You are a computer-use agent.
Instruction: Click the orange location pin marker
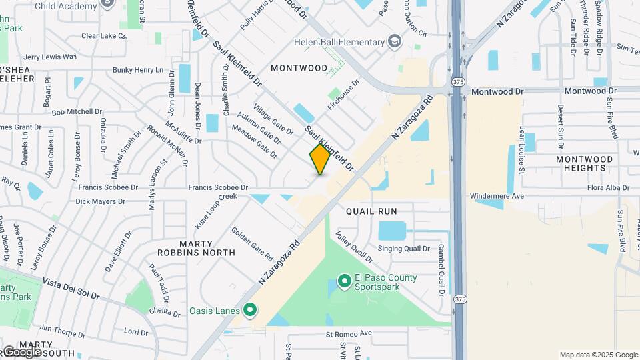[x=321, y=159]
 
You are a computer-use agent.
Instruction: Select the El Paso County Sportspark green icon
[x=344, y=282]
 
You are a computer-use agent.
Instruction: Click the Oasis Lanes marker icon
[x=250, y=310]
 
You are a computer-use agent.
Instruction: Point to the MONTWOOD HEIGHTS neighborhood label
[x=584, y=163]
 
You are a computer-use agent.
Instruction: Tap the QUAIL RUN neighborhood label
[x=371, y=211]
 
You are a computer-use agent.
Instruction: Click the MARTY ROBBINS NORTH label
[x=196, y=248]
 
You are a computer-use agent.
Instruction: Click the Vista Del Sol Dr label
[x=71, y=289]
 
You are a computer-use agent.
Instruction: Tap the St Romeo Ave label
[x=348, y=333]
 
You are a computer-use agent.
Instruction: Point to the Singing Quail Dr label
[x=403, y=249]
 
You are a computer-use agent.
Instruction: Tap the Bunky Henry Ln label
[x=137, y=69]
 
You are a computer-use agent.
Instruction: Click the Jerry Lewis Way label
[x=50, y=57]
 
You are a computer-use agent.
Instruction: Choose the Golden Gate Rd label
[x=252, y=243]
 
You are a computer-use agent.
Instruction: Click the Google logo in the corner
[x=21, y=352]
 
